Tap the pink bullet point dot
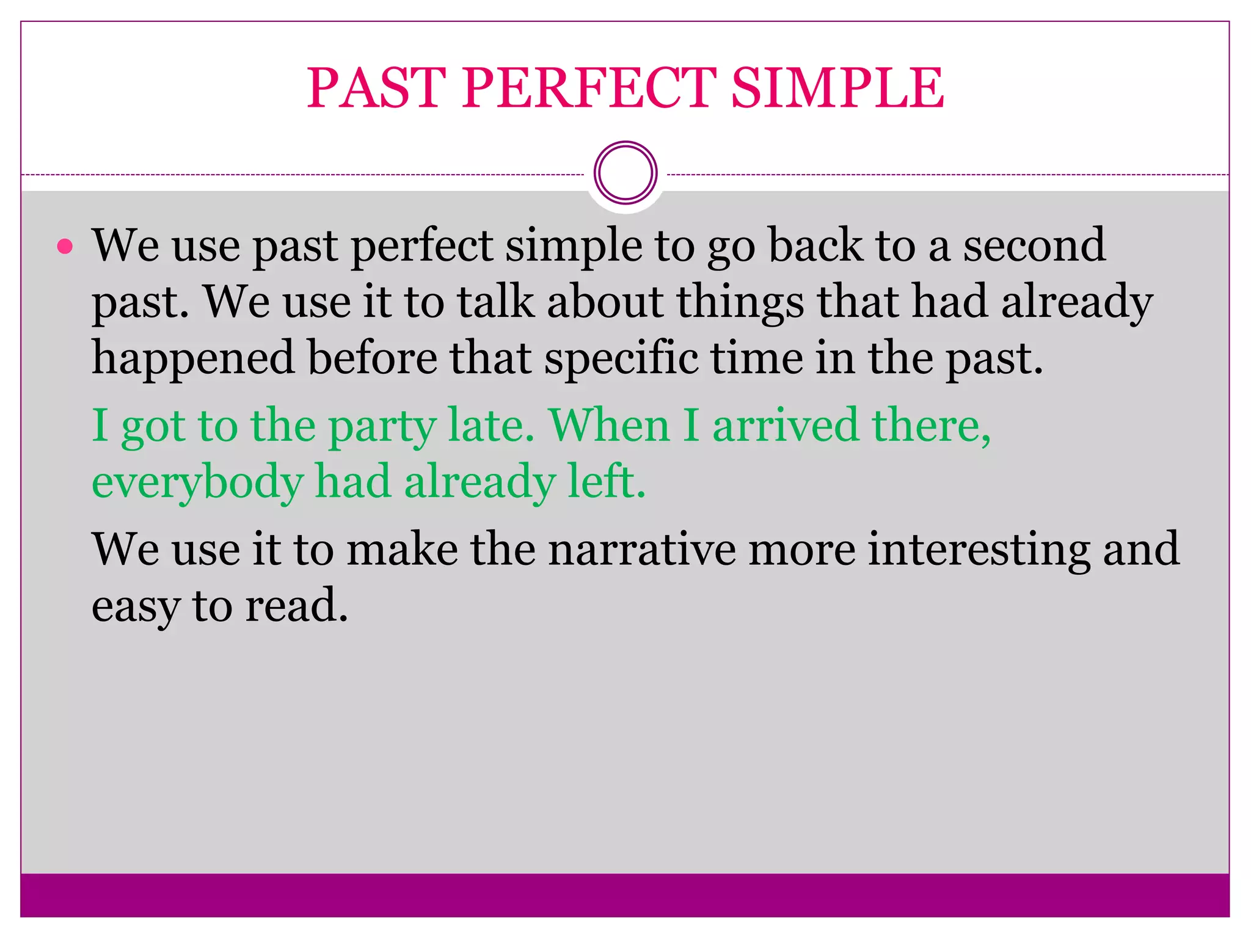click(x=65, y=247)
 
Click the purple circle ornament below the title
click(x=625, y=173)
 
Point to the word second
click(x=1034, y=245)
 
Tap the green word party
click(x=382, y=426)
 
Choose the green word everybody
click(x=197, y=482)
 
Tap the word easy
click(x=136, y=607)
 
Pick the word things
click(x=740, y=302)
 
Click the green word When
click(x=609, y=425)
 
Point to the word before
click(x=373, y=358)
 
